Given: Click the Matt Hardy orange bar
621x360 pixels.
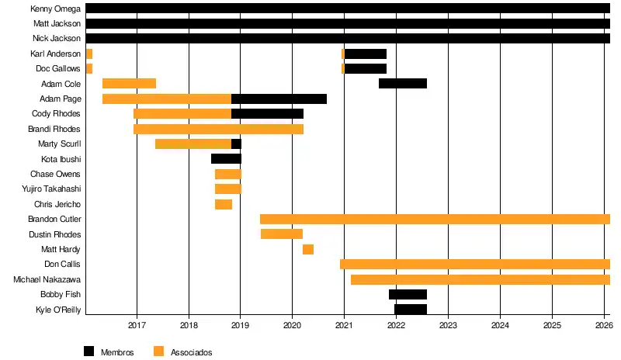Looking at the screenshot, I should pyautogui.click(x=308, y=249).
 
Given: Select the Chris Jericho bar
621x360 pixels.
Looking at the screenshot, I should pyautogui.click(x=224, y=204).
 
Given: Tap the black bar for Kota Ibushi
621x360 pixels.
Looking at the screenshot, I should pyautogui.click(x=226, y=159).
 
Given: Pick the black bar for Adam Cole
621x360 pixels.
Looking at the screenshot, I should pyautogui.click(x=403, y=84).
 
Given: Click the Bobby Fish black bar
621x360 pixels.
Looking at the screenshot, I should pyautogui.click(x=408, y=294).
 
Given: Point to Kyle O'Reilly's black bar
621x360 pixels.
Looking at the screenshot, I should pyautogui.click(x=411, y=310).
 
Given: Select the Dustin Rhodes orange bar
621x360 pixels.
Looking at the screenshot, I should pyautogui.click(x=282, y=234).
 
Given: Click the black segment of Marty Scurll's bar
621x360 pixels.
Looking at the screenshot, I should pyautogui.click(x=236, y=144).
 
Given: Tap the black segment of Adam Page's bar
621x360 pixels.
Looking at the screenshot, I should pyautogui.click(x=279, y=99).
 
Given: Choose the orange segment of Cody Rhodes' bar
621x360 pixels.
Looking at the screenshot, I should pyautogui.click(x=182, y=114).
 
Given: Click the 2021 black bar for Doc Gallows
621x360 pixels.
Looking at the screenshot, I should pyautogui.click(x=366, y=68).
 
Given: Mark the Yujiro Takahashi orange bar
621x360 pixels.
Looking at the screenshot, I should pyautogui.click(x=228, y=189).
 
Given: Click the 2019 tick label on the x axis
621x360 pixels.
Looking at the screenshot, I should pyautogui.click(x=241, y=326).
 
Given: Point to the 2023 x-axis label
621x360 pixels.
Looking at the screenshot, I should pyautogui.click(x=448, y=326).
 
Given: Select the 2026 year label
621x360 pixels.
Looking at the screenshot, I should pyautogui.click(x=604, y=326).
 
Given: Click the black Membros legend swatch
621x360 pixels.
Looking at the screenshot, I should pyautogui.click(x=89, y=351).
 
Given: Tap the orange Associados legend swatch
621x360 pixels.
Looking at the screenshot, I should pyautogui.click(x=159, y=351).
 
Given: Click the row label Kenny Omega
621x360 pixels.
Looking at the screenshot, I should pyautogui.click(x=55, y=9).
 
